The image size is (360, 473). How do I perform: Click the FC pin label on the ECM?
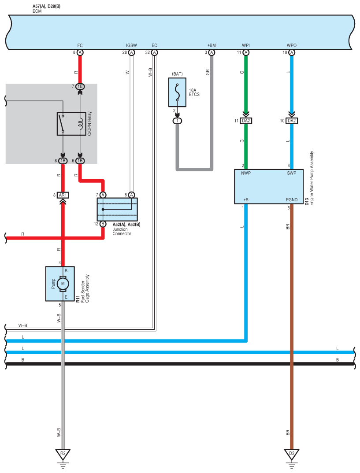[80, 45]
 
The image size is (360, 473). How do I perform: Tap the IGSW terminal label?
[132, 45]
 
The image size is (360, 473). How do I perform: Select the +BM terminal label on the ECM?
[212, 45]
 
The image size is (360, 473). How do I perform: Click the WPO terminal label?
[292, 45]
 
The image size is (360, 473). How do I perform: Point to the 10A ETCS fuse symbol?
[177, 92]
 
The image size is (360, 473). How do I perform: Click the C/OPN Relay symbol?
[71, 124]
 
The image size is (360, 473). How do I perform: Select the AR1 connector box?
[63, 195]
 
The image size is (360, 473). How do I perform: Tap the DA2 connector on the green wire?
[246, 121]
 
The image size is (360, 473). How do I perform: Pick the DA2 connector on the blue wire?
[292, 121]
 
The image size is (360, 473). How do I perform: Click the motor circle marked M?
[63, 284]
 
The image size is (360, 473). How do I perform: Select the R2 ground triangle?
[63, 454]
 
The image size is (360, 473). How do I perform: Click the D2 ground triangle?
[292, 454]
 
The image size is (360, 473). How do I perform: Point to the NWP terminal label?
[246, 173]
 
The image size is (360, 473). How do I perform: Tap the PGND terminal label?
[292, 200]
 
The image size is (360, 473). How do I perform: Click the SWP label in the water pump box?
[292, 173]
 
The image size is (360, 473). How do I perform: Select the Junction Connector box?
[117, 209]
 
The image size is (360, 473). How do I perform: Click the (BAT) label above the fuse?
[178, 74]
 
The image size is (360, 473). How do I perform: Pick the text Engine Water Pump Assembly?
[312, 178]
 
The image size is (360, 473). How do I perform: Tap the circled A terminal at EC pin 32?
[155, 52]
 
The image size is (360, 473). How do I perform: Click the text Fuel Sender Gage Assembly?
[85, 288]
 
